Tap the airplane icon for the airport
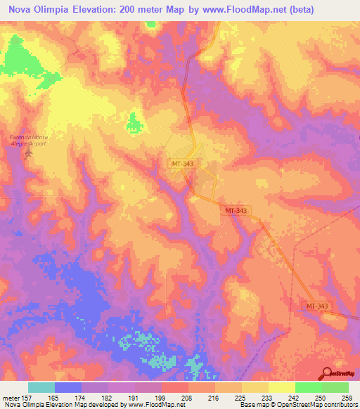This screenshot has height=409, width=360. [28, 152]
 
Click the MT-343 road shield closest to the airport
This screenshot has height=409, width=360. [182, 164]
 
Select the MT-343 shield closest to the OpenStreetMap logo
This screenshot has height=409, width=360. [316, 306]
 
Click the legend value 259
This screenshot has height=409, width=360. [345, 398]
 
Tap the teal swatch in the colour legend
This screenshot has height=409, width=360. [41, 387]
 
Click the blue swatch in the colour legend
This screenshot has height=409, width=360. [68, 387]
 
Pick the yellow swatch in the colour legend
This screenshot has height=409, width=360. [281, 387]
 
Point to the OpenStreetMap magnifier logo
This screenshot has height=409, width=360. [328, 372]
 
